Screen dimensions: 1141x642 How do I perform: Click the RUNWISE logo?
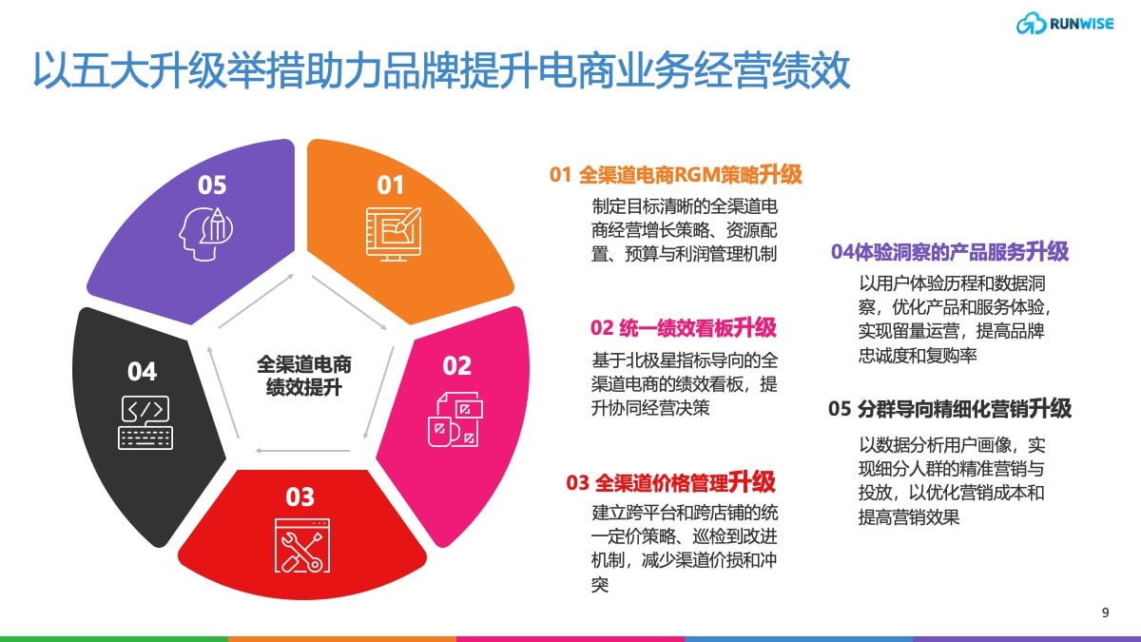[x=1065, y=24]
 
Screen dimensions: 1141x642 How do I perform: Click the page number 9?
[x=1105, y=613]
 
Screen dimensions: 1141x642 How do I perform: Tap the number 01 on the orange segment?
[x=390, y=185]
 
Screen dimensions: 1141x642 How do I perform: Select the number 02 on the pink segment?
[x=457, y=366]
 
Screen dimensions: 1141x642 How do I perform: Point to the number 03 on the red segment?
[x=300, y=496]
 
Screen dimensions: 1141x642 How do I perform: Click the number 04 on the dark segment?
[x=142, y=372]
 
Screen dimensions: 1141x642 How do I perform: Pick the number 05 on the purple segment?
[x=212, y=185]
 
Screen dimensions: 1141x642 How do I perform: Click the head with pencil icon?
[x=205, y=234]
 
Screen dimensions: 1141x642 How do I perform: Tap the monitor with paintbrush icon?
[x=394, y=234]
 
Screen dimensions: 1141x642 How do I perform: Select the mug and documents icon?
[x=455, y=419]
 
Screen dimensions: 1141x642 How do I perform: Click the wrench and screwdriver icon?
[x=302, y=546]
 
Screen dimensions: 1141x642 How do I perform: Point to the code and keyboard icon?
[x=145, y=423]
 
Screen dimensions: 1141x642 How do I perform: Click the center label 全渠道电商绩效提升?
[x=304, y=376]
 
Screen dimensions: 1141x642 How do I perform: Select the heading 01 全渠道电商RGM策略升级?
[x=675, y=175]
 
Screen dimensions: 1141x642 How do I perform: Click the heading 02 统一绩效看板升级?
[x=683, y=327]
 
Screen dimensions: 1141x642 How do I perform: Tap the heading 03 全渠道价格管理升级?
[x=670, y=482]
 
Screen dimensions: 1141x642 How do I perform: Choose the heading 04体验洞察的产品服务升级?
[x=950, y=252]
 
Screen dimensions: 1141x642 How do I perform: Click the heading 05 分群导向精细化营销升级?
[x=950, y=409]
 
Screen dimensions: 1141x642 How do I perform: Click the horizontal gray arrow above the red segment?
[x=302, y=451]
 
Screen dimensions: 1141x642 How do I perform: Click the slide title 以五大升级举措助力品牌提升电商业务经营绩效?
[x=441, y=70]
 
